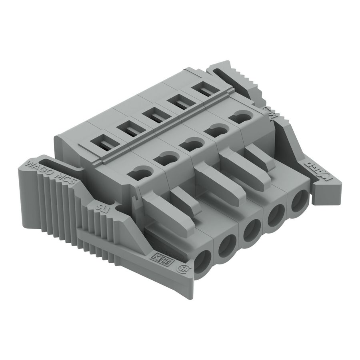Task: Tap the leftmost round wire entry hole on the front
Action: tap(204, 264)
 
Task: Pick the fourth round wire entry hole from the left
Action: tap(276, 216)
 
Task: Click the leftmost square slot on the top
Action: tap(103, 142)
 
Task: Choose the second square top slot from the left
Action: tap(128, 129)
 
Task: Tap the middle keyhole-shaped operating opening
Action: tap(190, 144)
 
